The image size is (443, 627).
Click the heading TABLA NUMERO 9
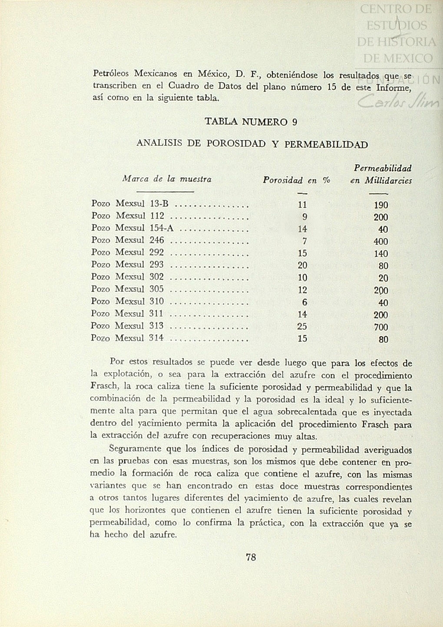(x=251, y=122)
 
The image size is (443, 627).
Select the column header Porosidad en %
(x=297, y=180)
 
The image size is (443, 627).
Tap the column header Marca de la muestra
(x=167, y=179)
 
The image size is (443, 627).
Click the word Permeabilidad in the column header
(x=383, y=168)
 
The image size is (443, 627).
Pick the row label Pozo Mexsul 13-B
(x=130, y=204)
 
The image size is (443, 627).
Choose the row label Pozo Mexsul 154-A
(x=132, y=228)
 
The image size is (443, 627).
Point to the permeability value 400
(x=381, y=242)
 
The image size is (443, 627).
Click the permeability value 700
(x=381, y=327)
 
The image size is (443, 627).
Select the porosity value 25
(x=302, y=326)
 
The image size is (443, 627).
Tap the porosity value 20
(x=302, y=265)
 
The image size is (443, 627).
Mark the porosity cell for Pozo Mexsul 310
(x=304, y=302)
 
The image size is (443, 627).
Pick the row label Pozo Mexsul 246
(x=128, y=240)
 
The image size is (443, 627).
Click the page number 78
(x=251, y=557)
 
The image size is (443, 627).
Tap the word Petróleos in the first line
(x=111, y=73)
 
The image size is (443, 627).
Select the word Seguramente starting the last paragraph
(x=135, y=449)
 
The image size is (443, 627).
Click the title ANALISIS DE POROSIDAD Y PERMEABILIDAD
(x=252, y=144)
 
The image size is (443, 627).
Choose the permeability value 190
(x=381, y=205)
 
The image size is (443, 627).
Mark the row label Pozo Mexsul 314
(x=127, y=338)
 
